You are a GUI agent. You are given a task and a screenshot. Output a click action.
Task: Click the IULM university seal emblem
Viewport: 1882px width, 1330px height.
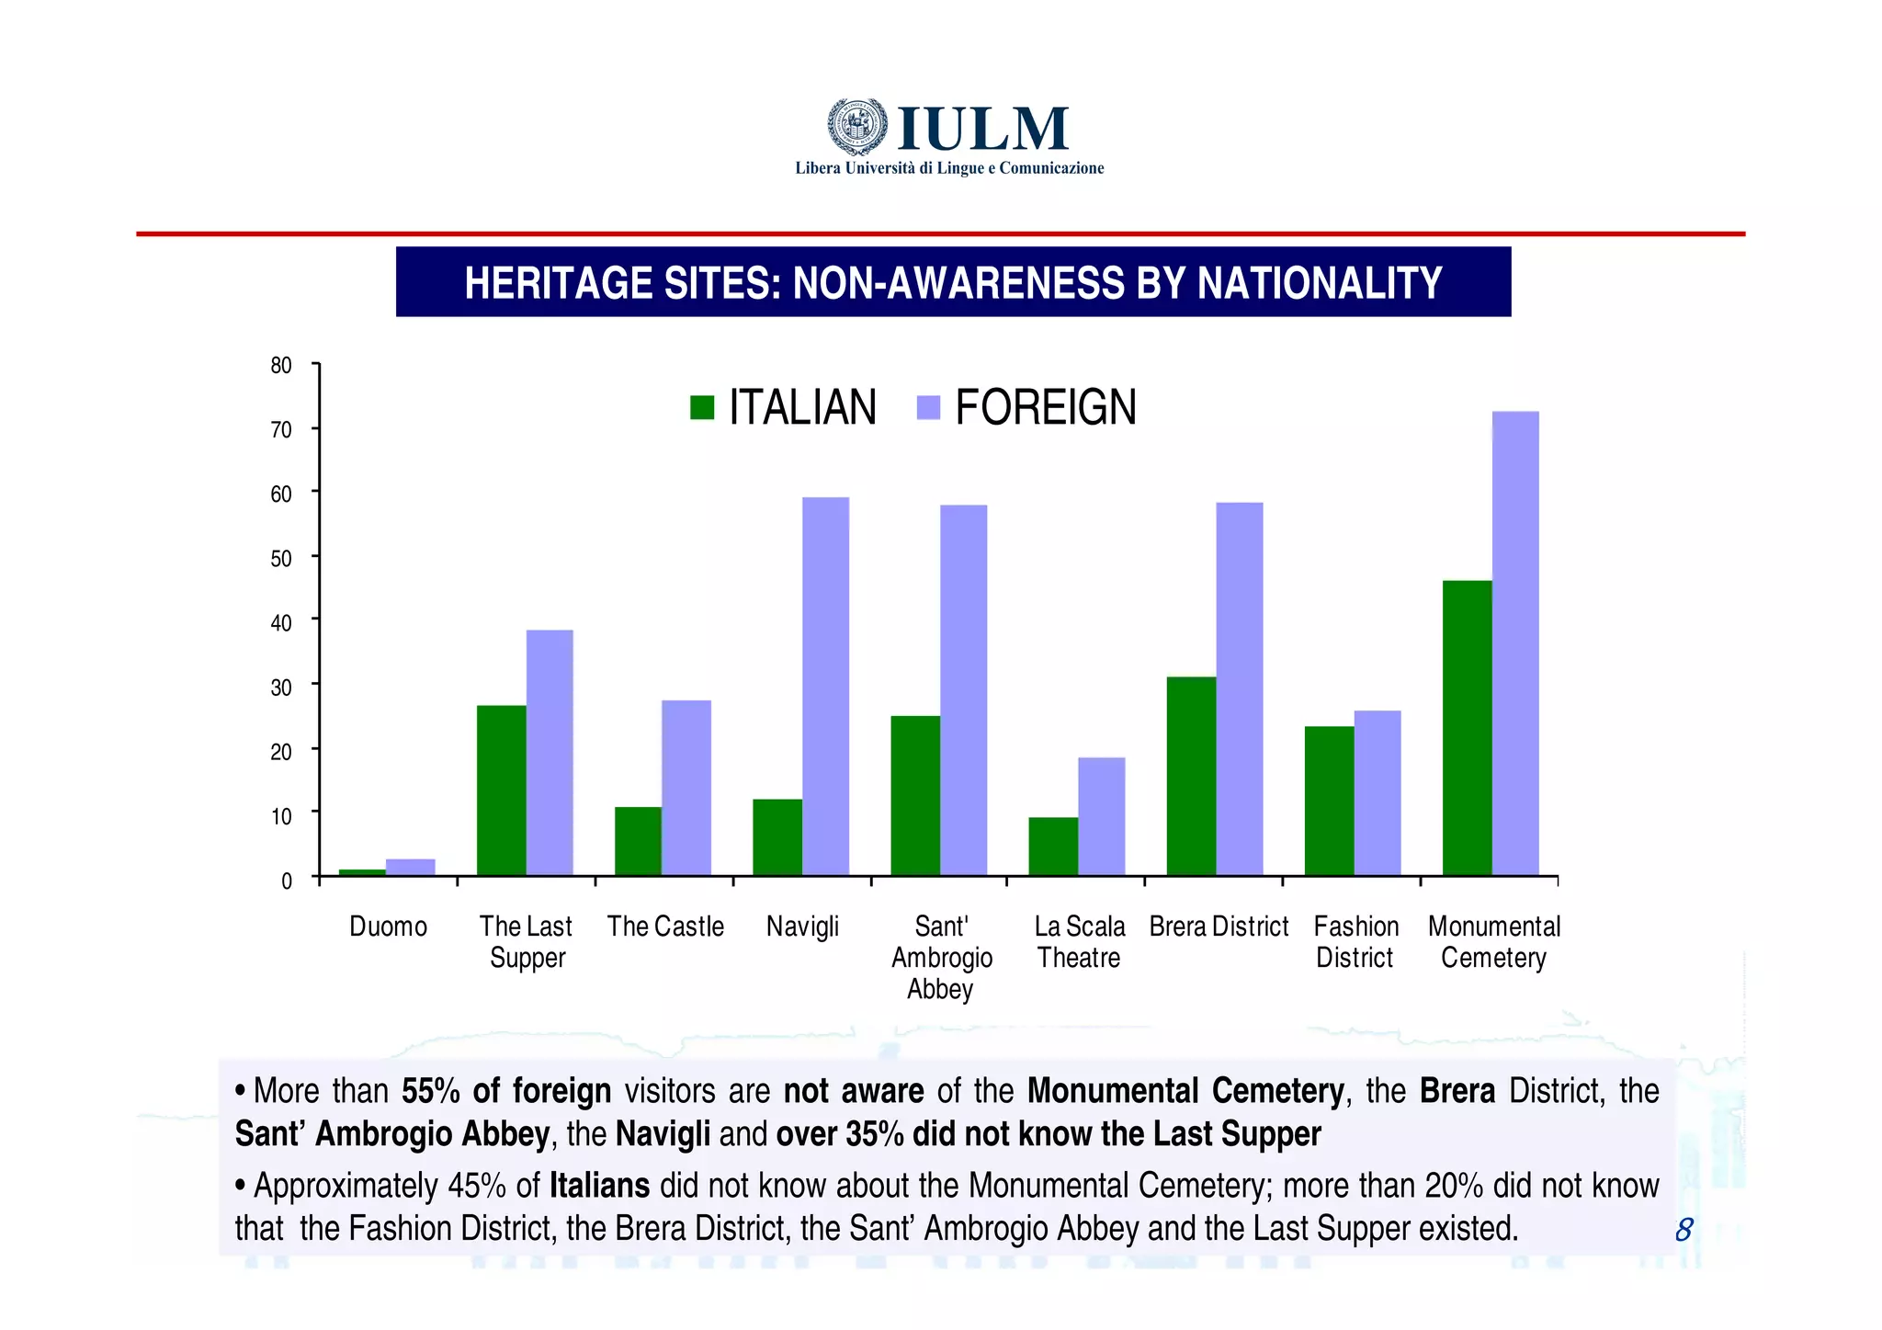click(x=857, y=126)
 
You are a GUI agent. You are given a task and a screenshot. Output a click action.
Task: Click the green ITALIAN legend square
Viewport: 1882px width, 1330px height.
click(x=702, y=407)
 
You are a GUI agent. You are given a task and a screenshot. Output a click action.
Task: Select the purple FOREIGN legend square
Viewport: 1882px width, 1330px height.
click(x=929, y=407)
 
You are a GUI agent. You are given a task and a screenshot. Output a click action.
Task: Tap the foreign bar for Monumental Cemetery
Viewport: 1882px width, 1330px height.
click(x=1515, y=643)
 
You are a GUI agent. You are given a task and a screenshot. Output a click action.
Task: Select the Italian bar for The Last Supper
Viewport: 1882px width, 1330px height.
click(x=501, y=790)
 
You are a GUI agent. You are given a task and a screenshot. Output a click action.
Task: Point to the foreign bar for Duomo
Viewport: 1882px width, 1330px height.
click(x=410, y=867)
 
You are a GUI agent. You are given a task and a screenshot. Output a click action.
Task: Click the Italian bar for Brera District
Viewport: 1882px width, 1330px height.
click(x=1191, y=776)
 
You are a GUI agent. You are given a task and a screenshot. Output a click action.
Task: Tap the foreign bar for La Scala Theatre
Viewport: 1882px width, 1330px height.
click(x=1101, y=816)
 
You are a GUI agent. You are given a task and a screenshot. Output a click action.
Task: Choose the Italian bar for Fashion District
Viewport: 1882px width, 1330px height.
click(x=1329, y=801)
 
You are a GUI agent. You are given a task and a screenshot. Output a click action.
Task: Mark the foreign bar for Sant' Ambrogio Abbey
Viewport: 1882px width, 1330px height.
click(x=963, y=690)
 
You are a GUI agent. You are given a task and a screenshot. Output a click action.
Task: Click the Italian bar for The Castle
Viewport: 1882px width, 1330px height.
click(x=638, y=841)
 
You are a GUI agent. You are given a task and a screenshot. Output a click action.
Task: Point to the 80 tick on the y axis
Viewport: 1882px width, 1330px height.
click(x=281, y=366)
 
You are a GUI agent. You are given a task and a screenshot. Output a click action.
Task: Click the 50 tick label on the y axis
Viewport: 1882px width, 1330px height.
click(x=281, y=559)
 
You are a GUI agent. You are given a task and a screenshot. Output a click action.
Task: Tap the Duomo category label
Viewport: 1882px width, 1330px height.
click(x=388, y=926)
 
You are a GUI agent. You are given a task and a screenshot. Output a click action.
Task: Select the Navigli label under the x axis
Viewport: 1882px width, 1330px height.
click(x=802, y=926)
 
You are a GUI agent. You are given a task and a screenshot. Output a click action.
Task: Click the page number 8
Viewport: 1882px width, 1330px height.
click(x=1684, y=1229)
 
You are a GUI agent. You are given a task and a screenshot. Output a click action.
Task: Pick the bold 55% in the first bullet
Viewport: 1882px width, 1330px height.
click(x=431, y=1091)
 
